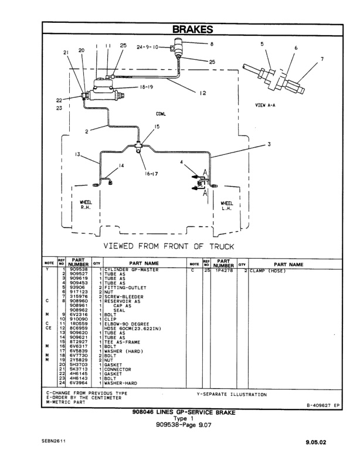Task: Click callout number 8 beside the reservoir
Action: point(211,43)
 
